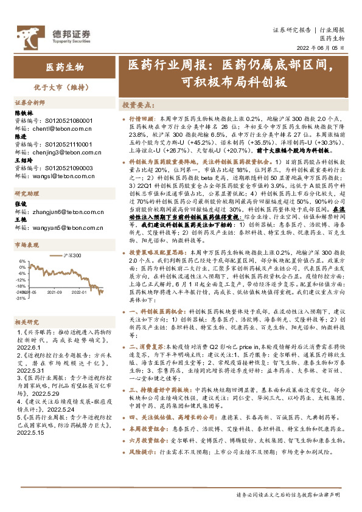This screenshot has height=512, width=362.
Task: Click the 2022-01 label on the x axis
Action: (x=80, y=292)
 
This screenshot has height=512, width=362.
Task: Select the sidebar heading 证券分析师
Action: (x=30, y=102)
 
